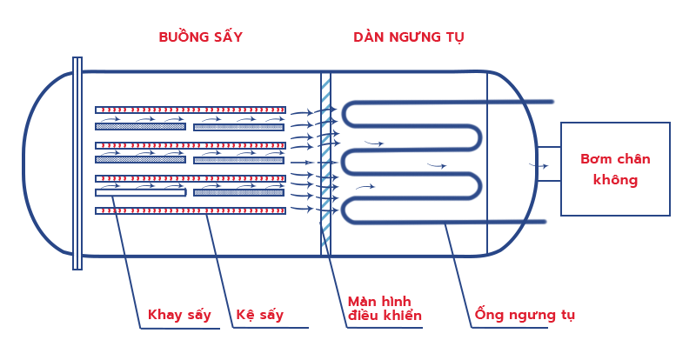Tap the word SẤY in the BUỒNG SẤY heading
point(225,37)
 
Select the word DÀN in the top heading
point(369,37)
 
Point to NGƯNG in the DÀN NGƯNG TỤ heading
point(413,37)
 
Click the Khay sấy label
point(179,315)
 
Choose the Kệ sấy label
point(259,315)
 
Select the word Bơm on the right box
point(596,159)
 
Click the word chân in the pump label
point(633,159)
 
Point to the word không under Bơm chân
point(615,180)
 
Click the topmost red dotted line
point(192,110)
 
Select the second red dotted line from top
point(192,145)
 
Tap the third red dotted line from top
point(192,178)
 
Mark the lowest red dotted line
point(192,210)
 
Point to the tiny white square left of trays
point(97,169)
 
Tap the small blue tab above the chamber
point(77,62)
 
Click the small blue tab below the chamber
point(77,264)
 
